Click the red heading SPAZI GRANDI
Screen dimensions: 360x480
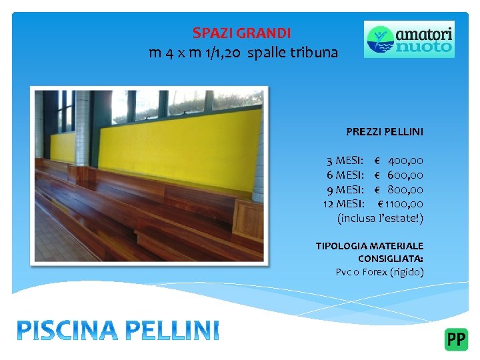click(241, 33)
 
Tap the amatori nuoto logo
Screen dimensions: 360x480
click(409, 39)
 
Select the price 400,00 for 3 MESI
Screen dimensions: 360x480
click(405, 161)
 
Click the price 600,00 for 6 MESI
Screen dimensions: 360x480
click(405, 175)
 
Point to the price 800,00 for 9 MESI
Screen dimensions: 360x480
click(405, 189)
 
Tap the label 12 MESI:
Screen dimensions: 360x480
click(343, 203)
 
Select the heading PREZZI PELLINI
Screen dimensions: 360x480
click(384, 132)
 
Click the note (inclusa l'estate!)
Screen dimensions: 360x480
click(380, 218)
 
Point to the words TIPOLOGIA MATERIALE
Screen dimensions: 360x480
click(369, 246)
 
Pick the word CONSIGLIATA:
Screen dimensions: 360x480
click(390, 259)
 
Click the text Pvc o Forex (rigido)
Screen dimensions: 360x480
click(379, 272)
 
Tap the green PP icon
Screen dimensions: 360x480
click(456, 339)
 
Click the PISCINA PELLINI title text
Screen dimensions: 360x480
click(117, 329)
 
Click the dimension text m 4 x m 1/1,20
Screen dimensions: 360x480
click(195, 53)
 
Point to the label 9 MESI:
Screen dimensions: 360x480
click(345, 189)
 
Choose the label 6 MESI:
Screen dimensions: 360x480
click(345, 175)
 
